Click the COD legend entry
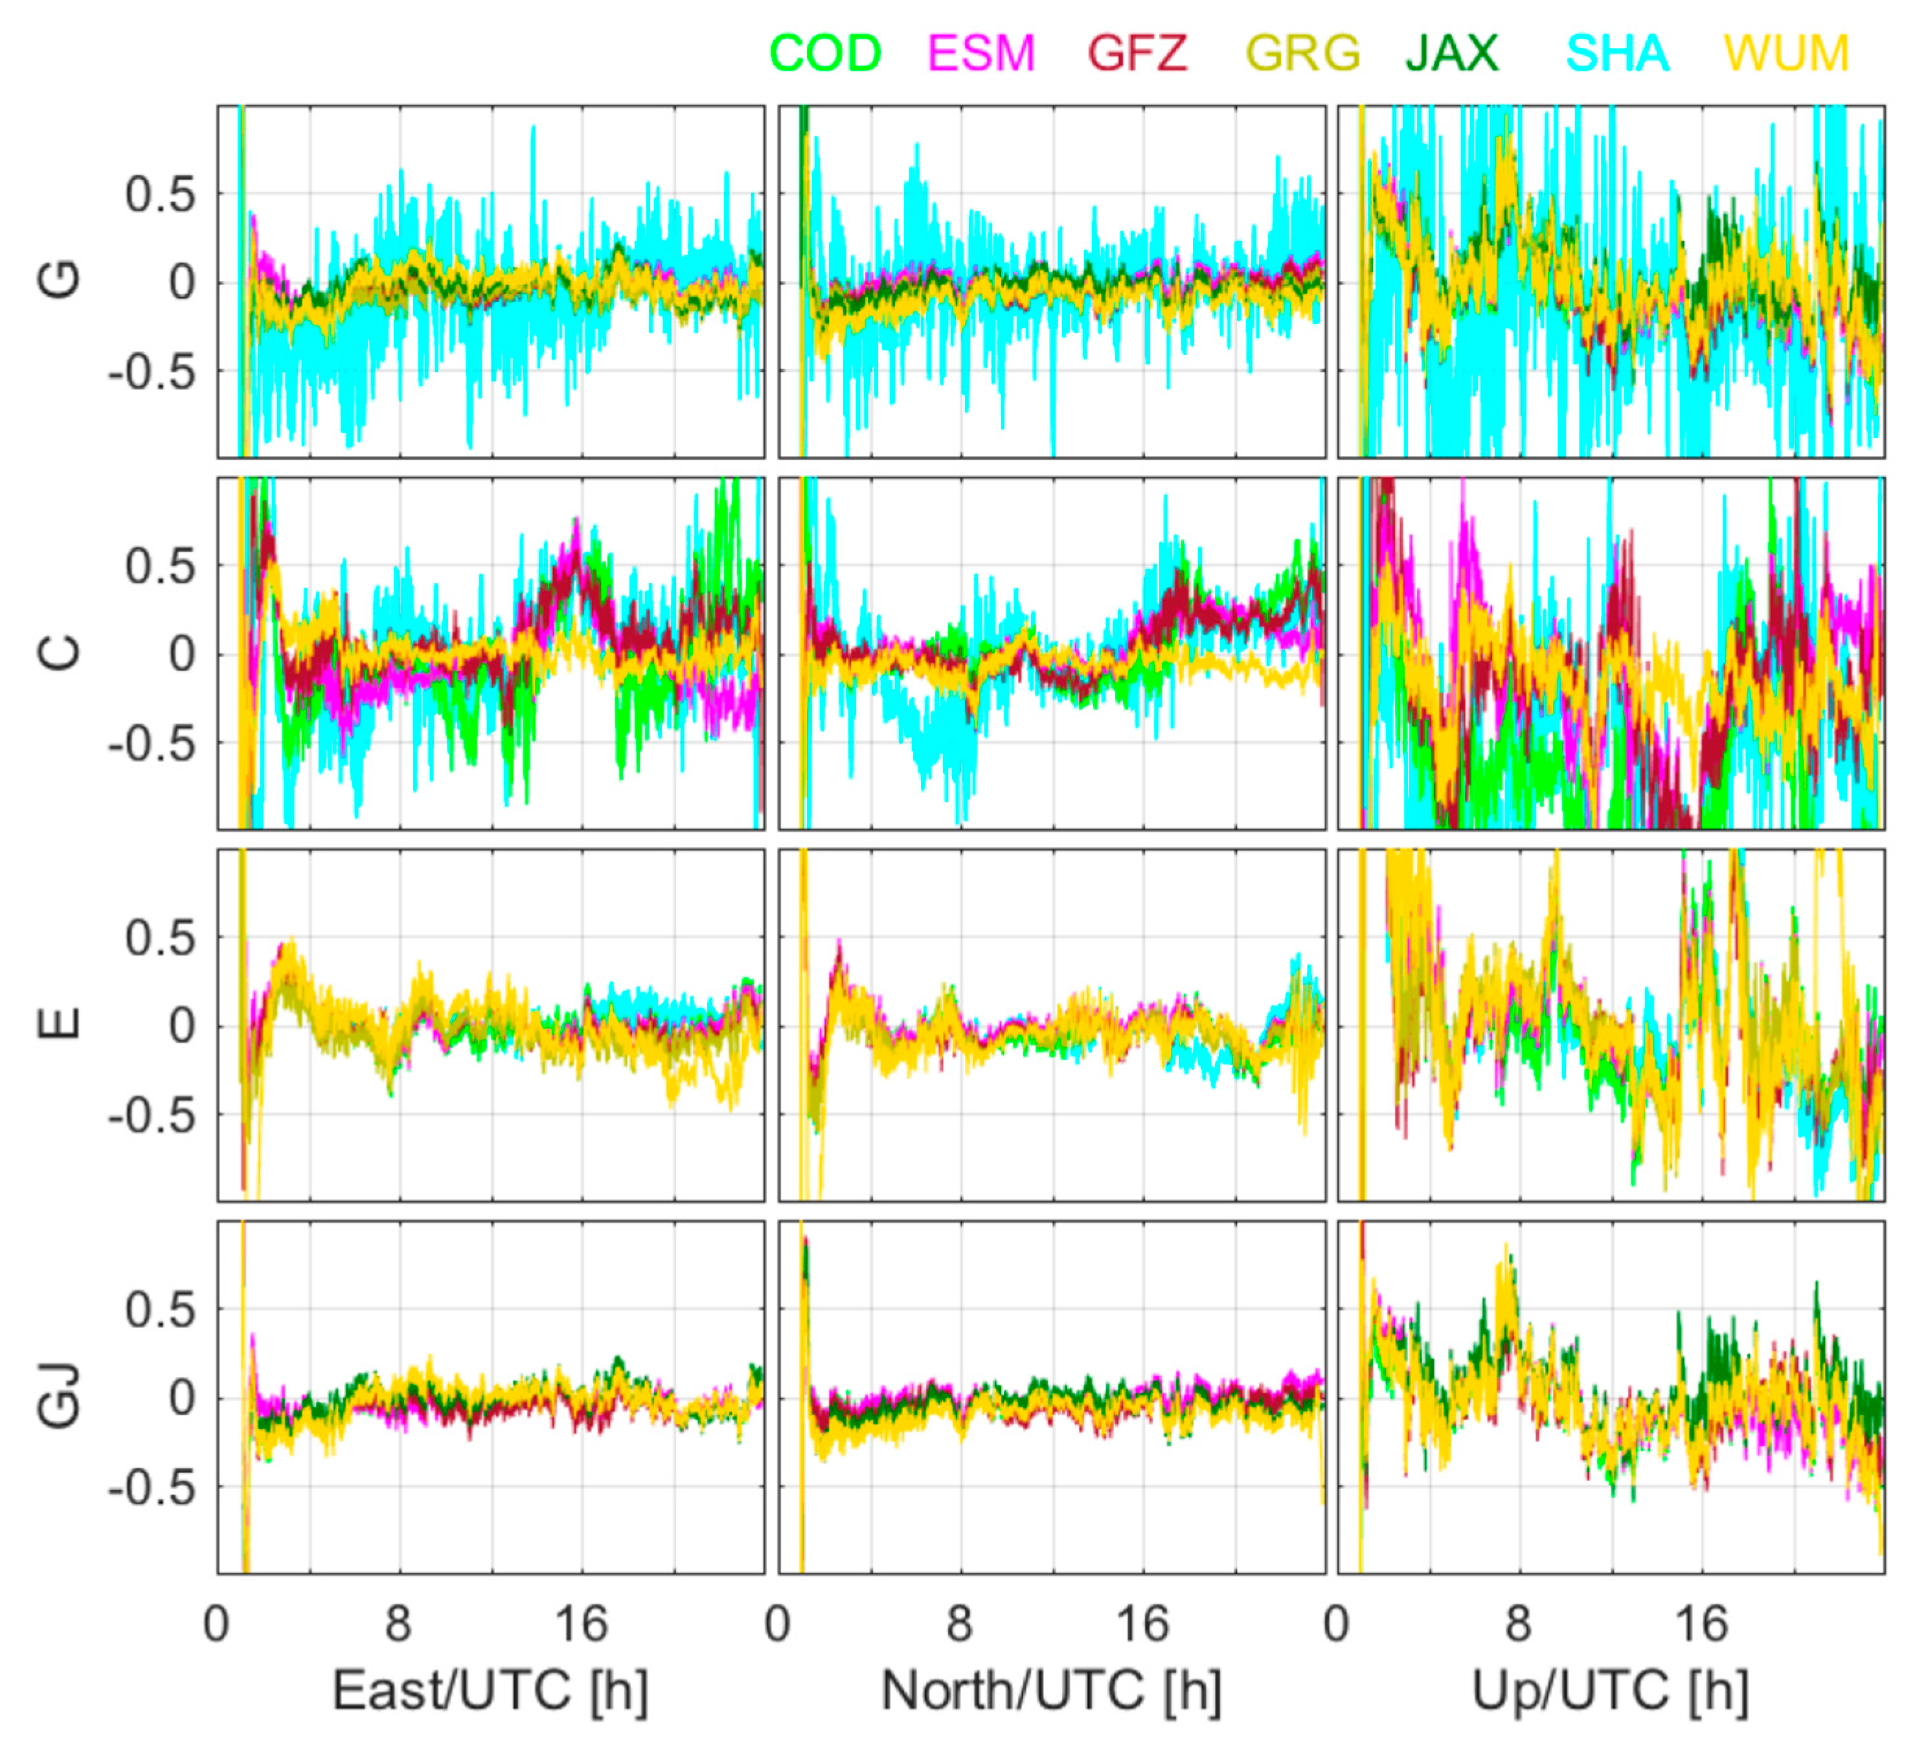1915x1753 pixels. coord(824,53)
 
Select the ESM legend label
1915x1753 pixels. coord(980,53)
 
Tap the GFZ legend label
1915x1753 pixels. coord(1137,53)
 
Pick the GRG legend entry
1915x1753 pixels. coord(1302,53)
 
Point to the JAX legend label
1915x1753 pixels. coord(1451,53)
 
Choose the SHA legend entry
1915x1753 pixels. coord(1616,53)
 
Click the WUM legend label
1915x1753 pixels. coord(1786,53)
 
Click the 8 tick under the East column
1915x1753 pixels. coord(398,1625)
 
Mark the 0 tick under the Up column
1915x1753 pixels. coord(1337,1625)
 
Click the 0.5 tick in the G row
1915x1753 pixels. coord(159,195)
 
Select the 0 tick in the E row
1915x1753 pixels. coord(183,1026)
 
